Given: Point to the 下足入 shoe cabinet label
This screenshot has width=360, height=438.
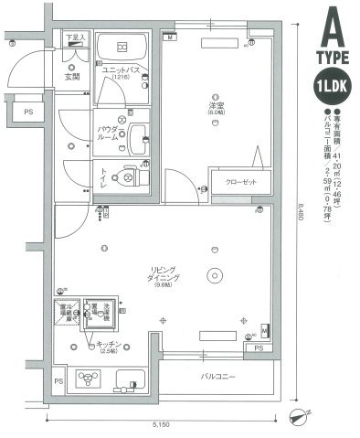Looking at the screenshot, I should pos(76,37).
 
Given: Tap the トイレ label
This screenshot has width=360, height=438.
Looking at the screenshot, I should pos(106,176).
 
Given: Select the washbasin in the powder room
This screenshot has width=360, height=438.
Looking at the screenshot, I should pos(139,138).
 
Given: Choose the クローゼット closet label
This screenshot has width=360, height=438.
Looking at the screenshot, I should pos(240,181).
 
